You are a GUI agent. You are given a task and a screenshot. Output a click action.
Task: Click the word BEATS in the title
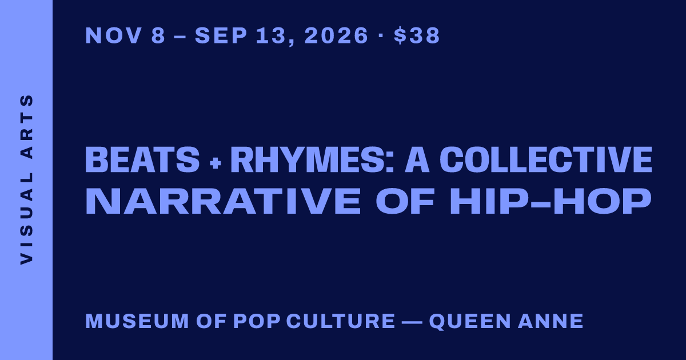142,160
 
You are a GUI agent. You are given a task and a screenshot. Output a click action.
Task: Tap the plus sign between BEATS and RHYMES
216,162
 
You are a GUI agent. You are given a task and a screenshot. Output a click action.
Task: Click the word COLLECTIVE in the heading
546,160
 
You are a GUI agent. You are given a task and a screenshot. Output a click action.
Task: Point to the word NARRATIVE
223,201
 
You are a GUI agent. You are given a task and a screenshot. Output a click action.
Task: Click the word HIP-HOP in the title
550,201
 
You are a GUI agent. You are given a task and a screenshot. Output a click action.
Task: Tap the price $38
417,35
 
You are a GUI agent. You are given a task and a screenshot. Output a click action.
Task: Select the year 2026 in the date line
336,35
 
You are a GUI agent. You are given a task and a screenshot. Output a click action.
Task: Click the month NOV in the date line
114,35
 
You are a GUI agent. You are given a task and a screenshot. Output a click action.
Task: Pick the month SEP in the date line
221,35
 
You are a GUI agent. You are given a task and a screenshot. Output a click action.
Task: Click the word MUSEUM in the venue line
137,321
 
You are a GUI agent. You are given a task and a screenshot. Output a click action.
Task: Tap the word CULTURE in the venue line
341,321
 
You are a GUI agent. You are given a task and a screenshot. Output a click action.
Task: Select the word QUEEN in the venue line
470,321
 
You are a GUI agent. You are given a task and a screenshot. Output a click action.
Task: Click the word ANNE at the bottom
551,321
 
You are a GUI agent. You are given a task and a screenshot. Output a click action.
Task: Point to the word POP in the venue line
257,321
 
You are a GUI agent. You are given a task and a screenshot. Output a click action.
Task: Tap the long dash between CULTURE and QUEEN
412,322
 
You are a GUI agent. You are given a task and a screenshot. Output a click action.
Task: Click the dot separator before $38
381,35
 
